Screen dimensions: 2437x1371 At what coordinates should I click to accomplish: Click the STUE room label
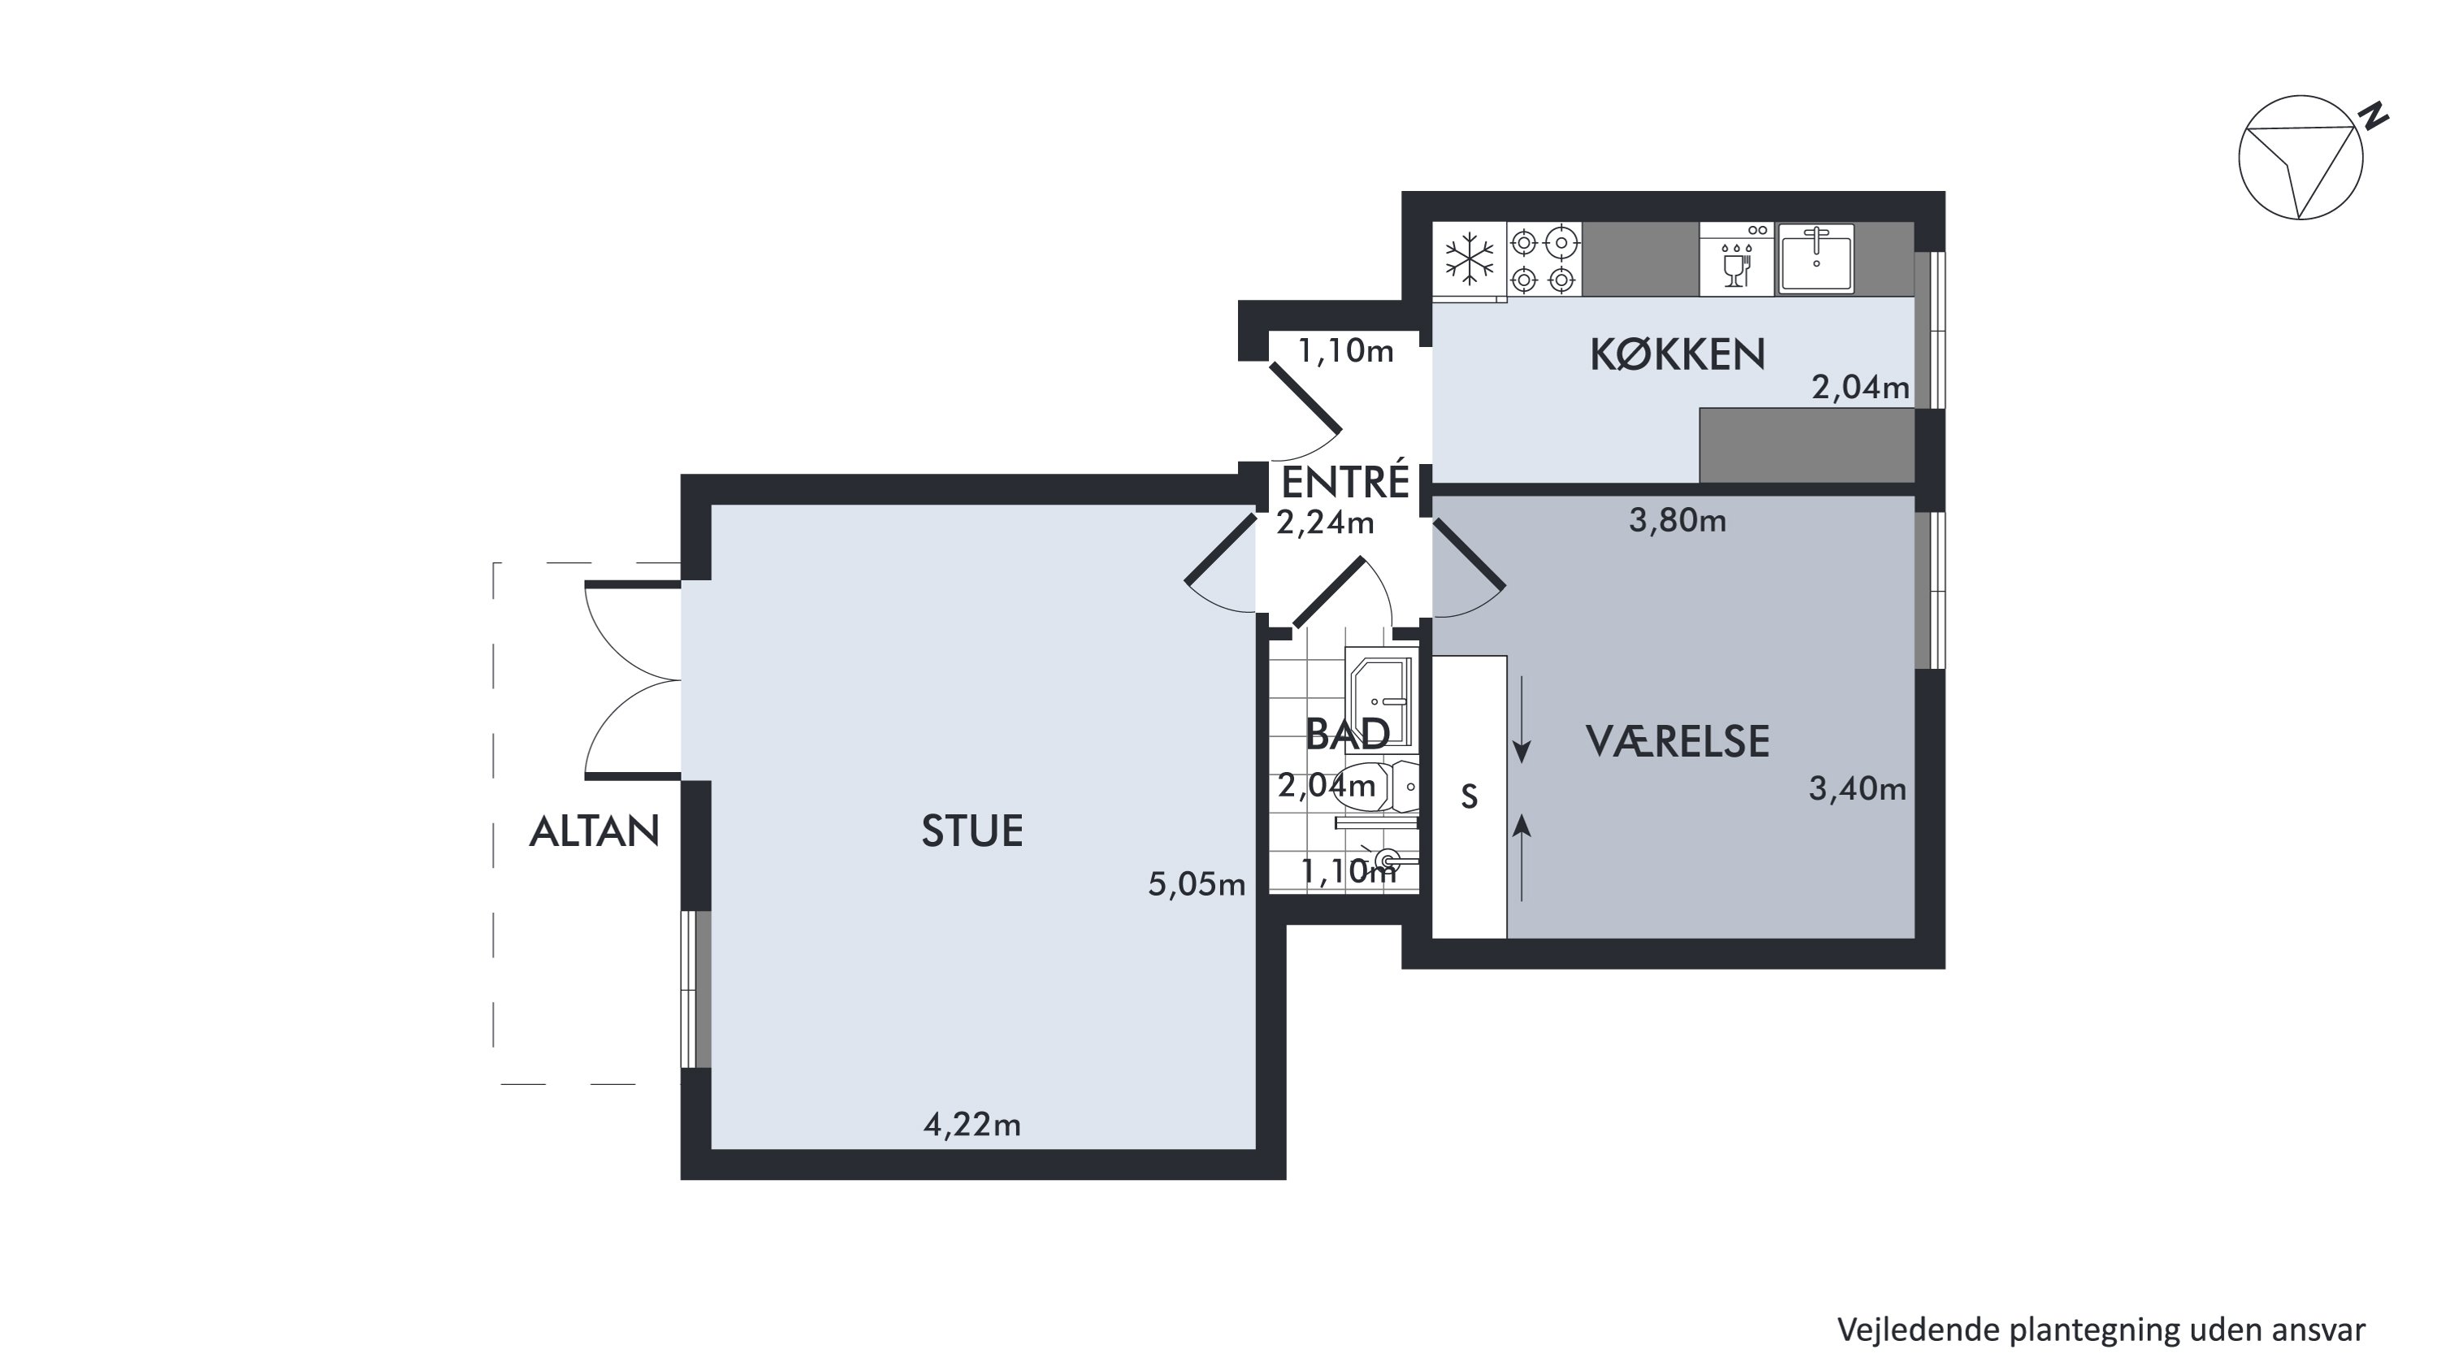tap(972, 831)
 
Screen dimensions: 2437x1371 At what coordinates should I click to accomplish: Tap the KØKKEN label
tap(1677, 355)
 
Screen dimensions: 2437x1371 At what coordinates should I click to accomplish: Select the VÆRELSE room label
tap(1677, 741)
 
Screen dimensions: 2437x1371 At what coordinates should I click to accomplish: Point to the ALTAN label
tap(594, 831)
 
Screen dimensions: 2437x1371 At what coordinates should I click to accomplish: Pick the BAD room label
tap(1347, 734)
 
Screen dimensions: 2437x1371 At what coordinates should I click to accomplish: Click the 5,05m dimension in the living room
tap(1197, 883)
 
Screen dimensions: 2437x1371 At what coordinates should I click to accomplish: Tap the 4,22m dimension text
tap(972, 1124)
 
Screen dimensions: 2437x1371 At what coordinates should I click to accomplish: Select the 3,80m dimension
tap(1677, 520)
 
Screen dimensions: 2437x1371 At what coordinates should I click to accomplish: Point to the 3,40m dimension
tap(1858, 789)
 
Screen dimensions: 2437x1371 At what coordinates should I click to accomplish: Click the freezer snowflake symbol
tap(1470, 258)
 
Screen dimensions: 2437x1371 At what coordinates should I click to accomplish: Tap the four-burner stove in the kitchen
tap(1544, 259)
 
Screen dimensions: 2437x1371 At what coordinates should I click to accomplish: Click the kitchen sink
tap(1816, 258)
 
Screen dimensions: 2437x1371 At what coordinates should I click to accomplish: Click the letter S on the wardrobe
tap(1470, 797)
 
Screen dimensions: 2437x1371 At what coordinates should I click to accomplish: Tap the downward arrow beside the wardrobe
tap(1522, 719)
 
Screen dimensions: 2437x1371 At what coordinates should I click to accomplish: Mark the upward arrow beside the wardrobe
tap(1522, 859)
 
